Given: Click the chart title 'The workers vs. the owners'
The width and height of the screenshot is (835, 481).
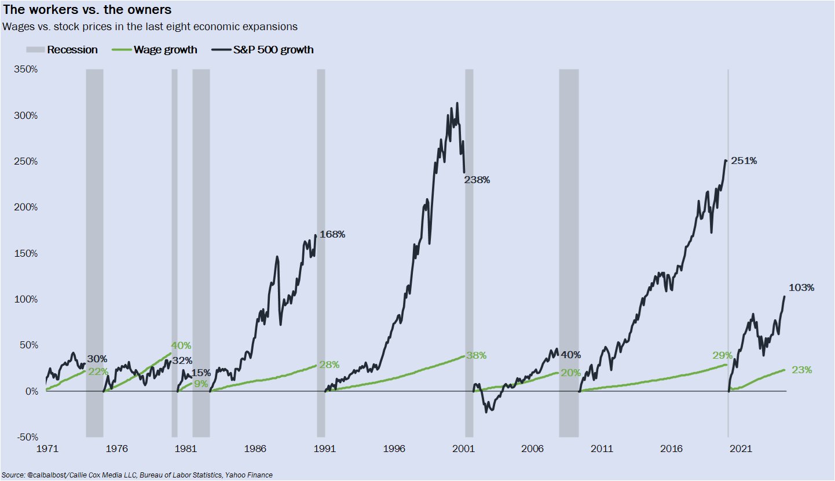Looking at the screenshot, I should point(87,10).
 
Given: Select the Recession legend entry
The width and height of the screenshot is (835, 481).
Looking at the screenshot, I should point(63,50).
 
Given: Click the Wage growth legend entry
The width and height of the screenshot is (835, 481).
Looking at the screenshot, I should point(156,50).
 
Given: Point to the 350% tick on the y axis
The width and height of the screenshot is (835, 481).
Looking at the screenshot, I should point(25,70).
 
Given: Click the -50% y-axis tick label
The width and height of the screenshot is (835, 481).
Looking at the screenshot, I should point(26,437).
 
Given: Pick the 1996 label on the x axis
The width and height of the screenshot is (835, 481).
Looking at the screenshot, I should point(394,449).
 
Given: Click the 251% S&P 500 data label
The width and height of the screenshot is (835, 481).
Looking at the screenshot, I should point(744,161).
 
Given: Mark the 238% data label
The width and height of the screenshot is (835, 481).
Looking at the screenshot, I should point(477,180).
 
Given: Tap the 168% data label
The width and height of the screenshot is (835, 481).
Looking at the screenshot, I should point(332,235).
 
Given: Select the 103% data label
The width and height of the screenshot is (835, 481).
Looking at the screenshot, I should point(801,288).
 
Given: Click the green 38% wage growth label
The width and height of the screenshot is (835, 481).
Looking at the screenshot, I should point(477,356).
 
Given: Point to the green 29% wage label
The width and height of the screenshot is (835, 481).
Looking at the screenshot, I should point(723,355).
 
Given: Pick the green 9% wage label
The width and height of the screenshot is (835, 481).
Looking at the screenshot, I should point(200,383).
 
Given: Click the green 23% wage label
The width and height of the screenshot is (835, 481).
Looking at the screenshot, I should point(802,370).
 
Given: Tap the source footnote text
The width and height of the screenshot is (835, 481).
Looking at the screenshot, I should point(137,475).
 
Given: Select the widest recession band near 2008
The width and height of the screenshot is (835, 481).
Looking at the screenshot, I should point(569,253).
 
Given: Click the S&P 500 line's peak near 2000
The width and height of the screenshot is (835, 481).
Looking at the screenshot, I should point(457,103).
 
